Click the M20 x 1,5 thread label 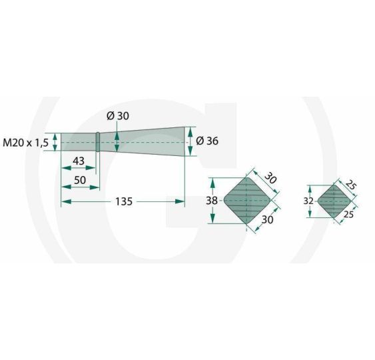click(25, 143)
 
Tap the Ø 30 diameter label click(118, 116)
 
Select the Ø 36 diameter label click(207, 141)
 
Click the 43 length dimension click(79, 161)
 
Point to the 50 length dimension click(80, 180)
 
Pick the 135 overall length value click(124, 201)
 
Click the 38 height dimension click(212, 201)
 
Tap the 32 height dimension click(308, 201)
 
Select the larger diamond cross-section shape click(247, 201)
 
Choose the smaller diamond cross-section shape click(334, 201)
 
